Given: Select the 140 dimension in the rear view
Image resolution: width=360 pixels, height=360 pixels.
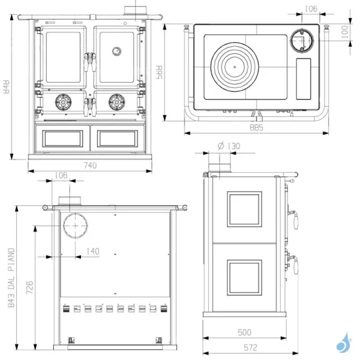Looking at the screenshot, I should click(x=92, y=251).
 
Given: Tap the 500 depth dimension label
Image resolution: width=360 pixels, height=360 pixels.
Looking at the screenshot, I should click(x=244, y=333).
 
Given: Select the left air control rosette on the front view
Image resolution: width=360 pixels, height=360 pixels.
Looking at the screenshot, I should click(x=63, y=103).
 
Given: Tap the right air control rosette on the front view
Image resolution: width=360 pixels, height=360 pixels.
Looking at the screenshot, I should click(x=116, y=103).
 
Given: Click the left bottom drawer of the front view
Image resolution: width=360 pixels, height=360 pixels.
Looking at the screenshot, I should click(x=63, y=138).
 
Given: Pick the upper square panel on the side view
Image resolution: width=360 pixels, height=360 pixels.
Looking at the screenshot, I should click(x=244, y=209).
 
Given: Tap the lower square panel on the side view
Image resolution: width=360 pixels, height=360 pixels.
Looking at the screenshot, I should click(x=244, y=277).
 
